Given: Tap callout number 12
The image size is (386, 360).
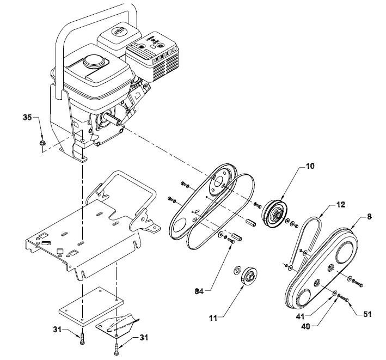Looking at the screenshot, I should coord(340,206).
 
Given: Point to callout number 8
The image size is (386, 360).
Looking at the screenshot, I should coord(370,216).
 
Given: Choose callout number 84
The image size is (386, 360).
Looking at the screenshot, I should coord(199,292).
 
